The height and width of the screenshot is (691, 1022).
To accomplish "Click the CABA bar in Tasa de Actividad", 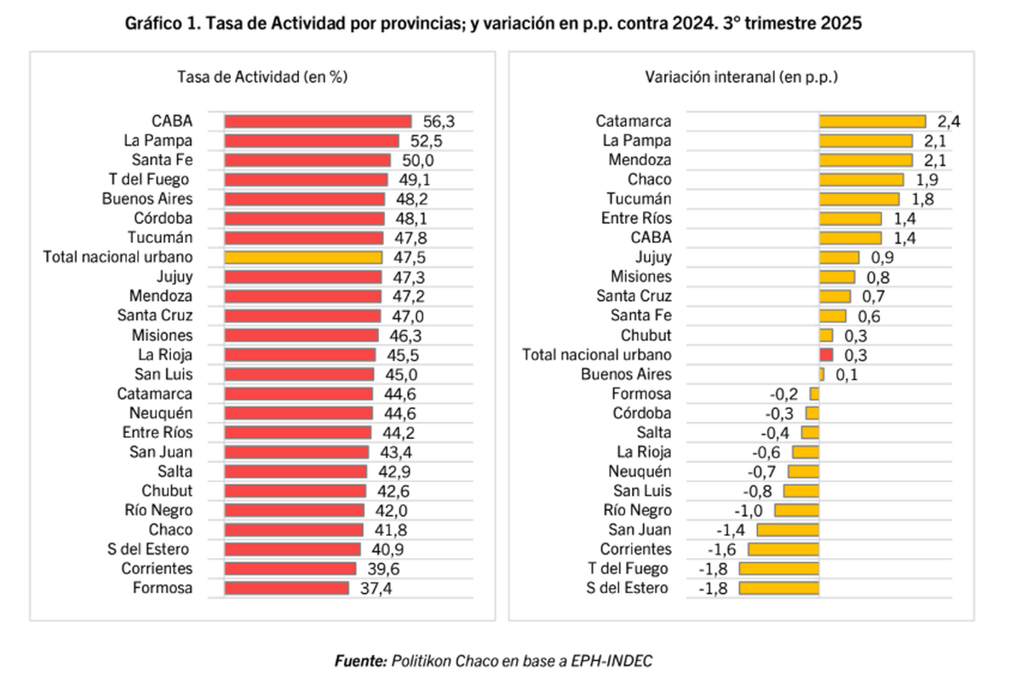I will coord(318,122).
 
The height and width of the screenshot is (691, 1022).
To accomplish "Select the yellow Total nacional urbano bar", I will coord(303,257).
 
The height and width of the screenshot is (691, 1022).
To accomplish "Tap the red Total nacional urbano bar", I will coord(826,354).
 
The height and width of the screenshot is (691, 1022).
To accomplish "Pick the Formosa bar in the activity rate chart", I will coord(286,588).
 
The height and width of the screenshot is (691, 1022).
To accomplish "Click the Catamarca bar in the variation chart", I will coord(872,122).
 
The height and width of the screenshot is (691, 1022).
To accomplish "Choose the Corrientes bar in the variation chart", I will coord(784,550).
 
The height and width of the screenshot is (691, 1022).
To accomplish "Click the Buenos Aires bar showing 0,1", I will coord(822,374).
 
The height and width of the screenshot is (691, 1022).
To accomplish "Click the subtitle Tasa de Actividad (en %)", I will coord(261,77).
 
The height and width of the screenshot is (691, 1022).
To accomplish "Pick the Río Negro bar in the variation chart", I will coord(797,510).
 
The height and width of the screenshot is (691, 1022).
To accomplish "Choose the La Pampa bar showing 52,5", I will coord(312,141).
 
